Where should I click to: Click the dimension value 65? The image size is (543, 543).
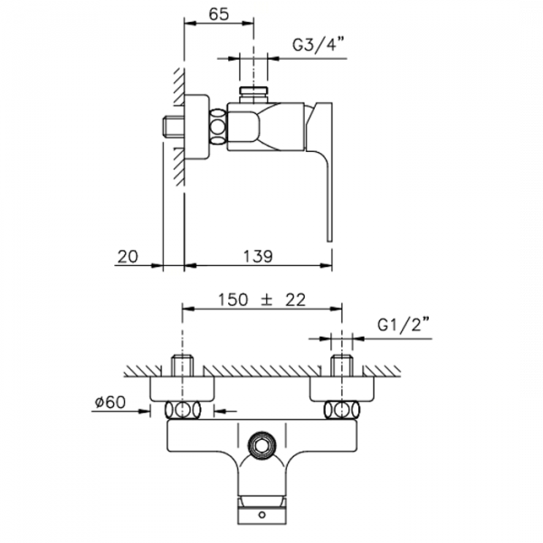(x=219, y=14)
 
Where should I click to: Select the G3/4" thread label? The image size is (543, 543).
(x=319, y=44)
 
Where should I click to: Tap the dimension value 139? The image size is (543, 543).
(x=258, y=257)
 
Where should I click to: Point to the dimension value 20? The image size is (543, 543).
(x=128, y=257)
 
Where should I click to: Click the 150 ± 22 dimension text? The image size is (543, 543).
(x=262, y=300)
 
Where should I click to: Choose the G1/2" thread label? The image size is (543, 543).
(x=404, y=326)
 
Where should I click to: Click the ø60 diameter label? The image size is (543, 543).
(x=110, y=403)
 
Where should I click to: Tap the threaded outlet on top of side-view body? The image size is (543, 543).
(x=253, y=95)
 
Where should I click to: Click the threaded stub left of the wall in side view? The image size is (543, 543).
(x=173, y=129)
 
